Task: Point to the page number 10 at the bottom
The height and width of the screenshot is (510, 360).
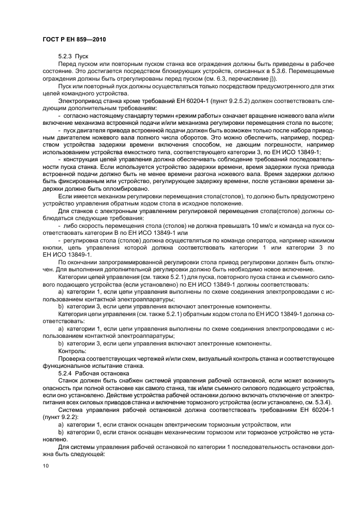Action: (46, 466)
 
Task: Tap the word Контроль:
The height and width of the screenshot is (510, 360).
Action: (71, 352)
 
